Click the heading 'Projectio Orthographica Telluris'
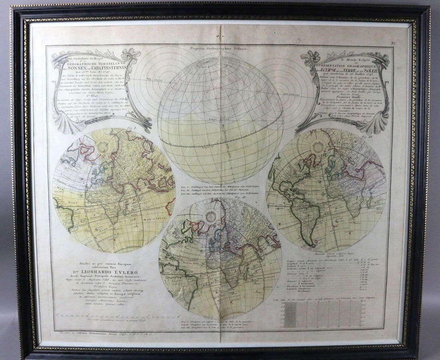click(220, 48)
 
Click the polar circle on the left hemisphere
click(104, 147)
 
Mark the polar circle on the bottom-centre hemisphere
click(210, 217)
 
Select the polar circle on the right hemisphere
click(319, 147)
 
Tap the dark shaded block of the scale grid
click(291, 314)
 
